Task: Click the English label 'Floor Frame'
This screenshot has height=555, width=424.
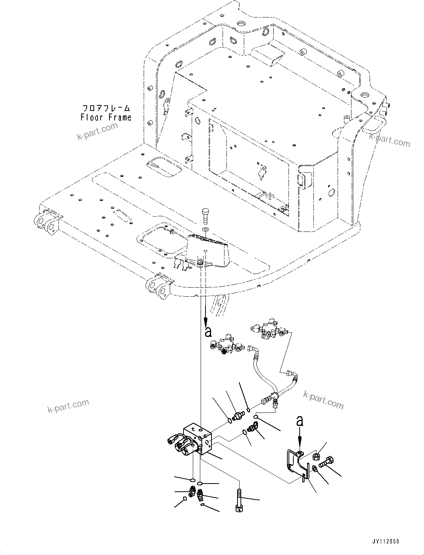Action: pyautogui.click(x=106, y=118)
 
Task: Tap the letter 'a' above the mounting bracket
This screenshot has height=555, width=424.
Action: pyautogui.click(x=300, y=421)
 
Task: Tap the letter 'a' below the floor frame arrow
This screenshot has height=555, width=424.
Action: pyautogui.click(x=208, y=332)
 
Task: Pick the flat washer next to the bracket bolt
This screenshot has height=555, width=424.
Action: pyautogui.click(x=315, y=468)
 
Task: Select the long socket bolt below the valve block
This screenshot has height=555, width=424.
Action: pyautogui.click(x=239, y=501)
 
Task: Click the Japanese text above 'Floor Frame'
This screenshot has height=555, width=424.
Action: pyautogui.click(x=106, y=108)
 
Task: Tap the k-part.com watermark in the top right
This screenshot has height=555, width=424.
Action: pyautogui.click(x=389, y=140)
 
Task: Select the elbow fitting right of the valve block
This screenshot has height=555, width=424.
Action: pyautogui.click(x=254, y=428)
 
